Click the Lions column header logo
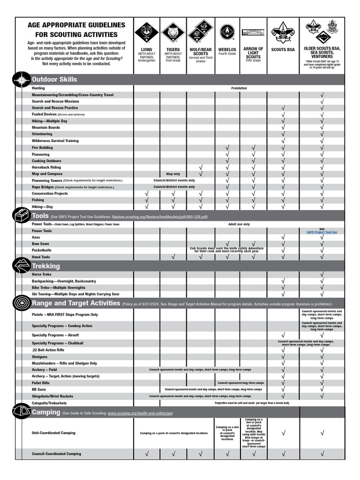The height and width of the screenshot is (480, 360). pyautogui.click(x=146, y=32)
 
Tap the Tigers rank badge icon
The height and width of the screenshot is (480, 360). pyautogui.click(x=173, y=32)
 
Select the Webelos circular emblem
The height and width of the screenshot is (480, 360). pyautogui.click(x=227, y=32)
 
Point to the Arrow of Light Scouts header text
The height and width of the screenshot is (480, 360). pyautogui.click(x=253, y=52)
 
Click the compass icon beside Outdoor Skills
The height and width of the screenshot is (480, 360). pyautogui.click(x=22, y=80)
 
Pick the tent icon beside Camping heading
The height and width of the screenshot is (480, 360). pyautogui.click(x=22, y=412)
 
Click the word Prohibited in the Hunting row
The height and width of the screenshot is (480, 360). pyautogui.click(x=239, y=88)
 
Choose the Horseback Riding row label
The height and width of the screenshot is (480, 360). pyautogui.click(x=46, y=167)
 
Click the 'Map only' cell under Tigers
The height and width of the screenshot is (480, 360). pyautogui.click(x=173, y=174)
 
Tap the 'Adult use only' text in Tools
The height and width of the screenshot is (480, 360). pyautogui.click(x=239, y=225)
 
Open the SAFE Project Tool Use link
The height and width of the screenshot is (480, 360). pyautogui.click(x=322, y=232)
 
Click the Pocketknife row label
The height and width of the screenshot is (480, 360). pyautogui.click(x=41, y=250)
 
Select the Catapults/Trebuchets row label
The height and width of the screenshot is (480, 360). pyautogui.click(x=49, y=403)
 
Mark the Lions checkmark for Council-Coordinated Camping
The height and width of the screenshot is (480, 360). pyautogui.click(x=146, y=454)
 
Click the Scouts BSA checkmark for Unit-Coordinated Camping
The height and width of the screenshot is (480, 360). pyautogui.click(x=283, y=434)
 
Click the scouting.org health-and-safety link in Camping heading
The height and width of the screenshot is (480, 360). pyautogui.click(x=140, y=413)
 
